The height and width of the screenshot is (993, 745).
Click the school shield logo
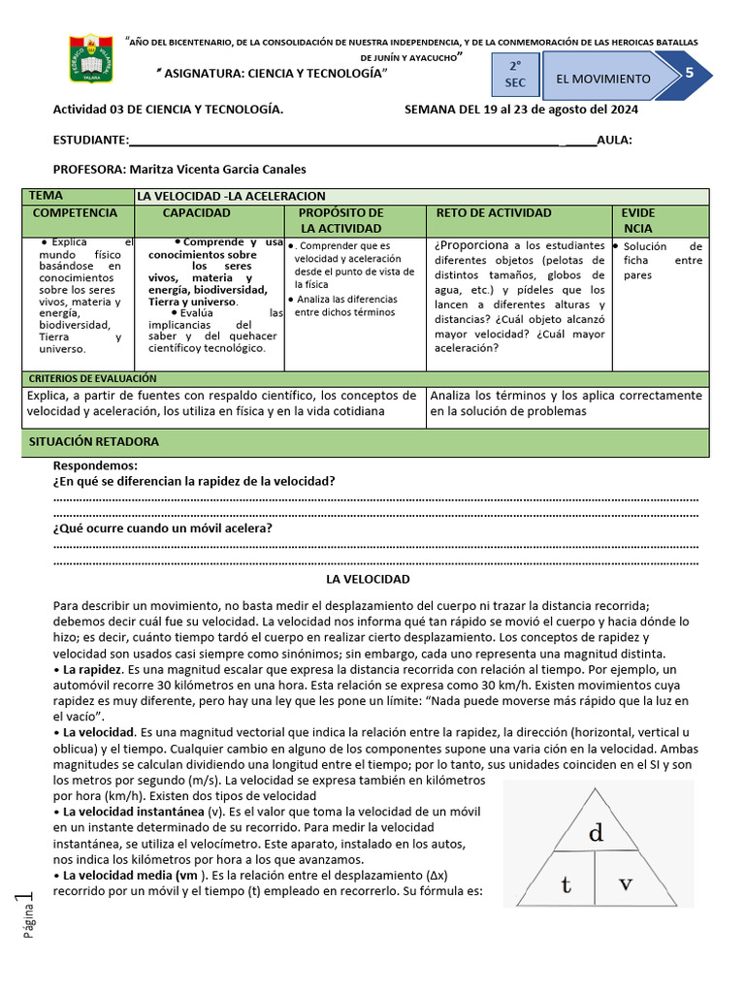91,60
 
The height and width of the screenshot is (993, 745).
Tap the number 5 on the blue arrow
689,75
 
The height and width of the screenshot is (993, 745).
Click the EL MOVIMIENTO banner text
603,79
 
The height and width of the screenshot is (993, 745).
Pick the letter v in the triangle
626,883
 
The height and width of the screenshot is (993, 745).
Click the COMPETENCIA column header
76,213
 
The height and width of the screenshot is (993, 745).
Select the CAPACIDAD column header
196,213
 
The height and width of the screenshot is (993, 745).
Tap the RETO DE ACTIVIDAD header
494,213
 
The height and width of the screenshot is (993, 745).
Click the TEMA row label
46,196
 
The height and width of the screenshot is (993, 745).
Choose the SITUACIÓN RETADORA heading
93,442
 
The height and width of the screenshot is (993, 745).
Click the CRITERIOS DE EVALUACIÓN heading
92,378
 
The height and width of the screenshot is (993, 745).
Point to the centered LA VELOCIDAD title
368,579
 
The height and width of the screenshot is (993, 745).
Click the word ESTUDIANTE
90,140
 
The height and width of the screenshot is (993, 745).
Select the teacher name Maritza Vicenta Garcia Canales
216,169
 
